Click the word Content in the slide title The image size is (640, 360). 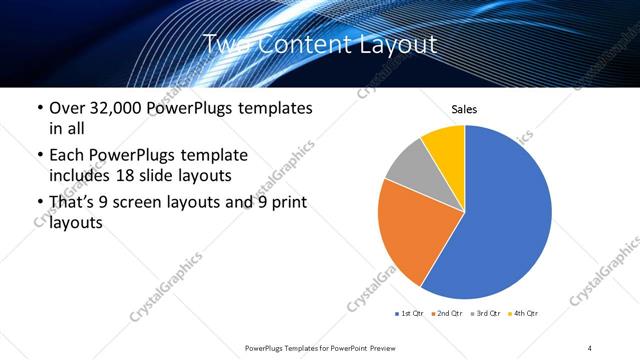click(x=300, y=44)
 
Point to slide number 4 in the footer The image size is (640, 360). click(x=590, y=347)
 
